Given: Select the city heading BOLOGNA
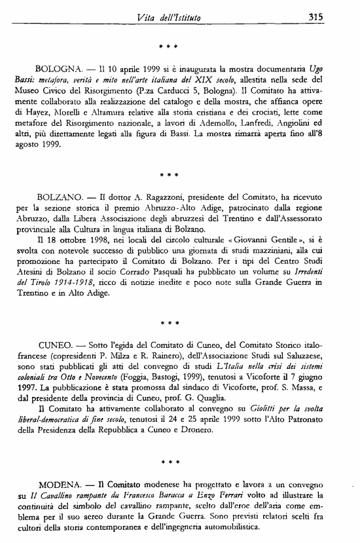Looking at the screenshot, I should coord(59,69).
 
